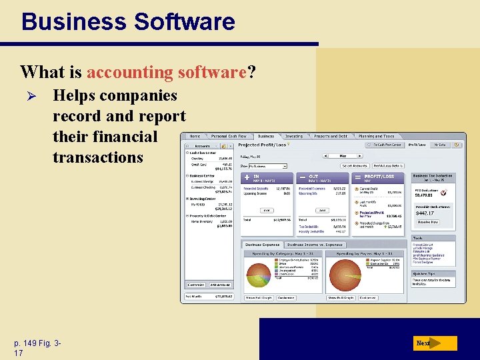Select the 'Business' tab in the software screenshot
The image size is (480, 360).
click(265, 136)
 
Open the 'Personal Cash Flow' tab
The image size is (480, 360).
click(229, 136)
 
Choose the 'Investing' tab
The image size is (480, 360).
click(294, 136)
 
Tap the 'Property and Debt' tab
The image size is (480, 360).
click(331, 136)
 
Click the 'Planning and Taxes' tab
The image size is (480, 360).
click(376, 136)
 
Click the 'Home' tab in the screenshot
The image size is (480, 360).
click(195, 136)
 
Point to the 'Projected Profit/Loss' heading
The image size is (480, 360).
click(263, 145)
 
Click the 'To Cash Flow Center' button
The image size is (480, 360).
click(387, 145)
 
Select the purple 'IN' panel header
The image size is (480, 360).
click(267, 178)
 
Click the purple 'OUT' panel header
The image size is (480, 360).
click(321, 178)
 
